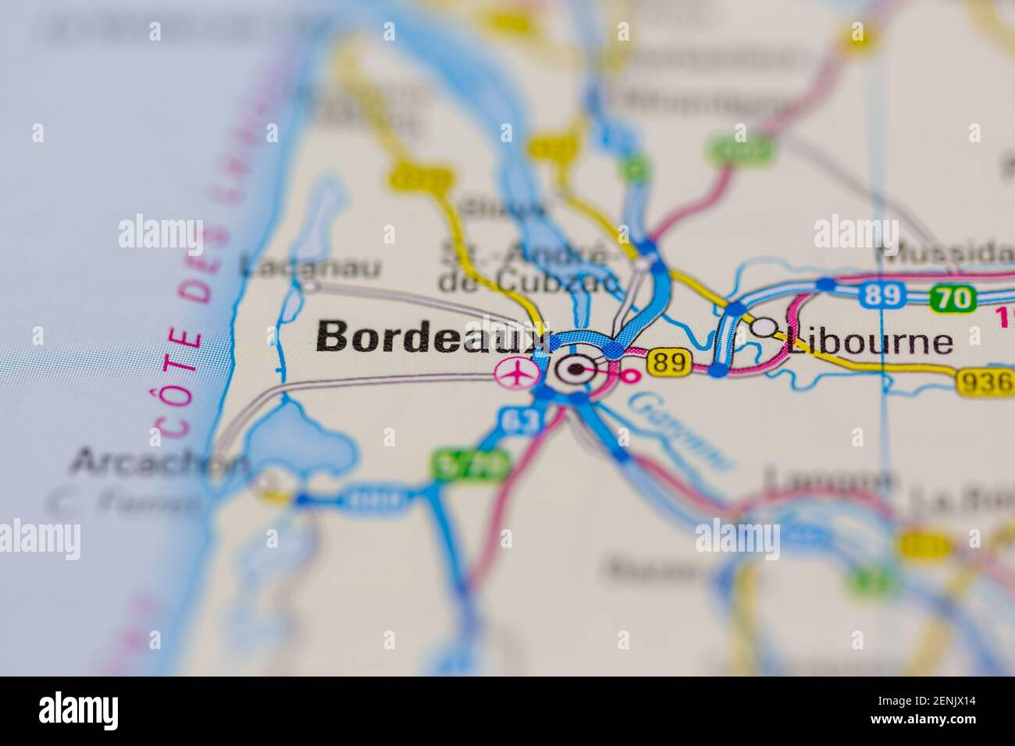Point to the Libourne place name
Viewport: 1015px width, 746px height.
(871, 342)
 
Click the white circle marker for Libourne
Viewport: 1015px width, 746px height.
(764, 327)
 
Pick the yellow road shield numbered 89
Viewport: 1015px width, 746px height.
(670, 362)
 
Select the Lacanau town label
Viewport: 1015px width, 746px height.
(310, 268)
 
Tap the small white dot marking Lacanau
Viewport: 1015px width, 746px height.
(311, 286)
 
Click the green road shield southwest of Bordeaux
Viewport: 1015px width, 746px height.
(470, 465)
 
